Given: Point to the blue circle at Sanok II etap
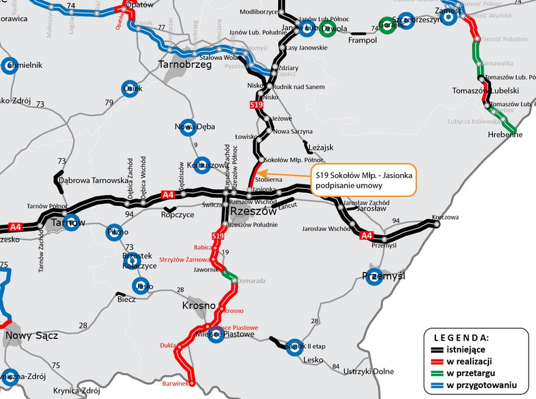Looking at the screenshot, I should pos(294,346).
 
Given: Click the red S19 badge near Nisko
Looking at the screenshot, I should pos(256,105).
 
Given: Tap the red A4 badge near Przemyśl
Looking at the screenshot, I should pos(366,236).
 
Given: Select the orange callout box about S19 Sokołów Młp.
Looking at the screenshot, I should pos(362,180).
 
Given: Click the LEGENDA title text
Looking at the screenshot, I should pos(460,337).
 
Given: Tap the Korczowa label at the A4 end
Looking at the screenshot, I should pos(446,218).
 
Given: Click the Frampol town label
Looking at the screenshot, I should pos(361,41).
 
